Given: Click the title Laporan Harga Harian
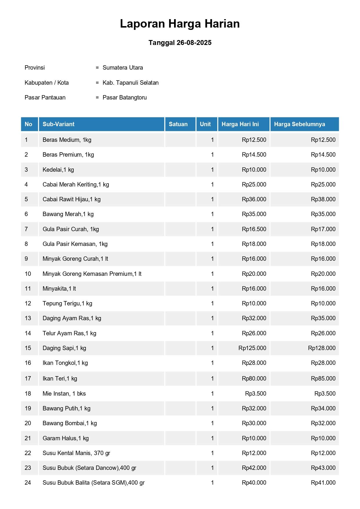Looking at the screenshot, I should [180, 24].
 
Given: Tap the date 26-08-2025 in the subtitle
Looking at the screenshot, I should [194, 43].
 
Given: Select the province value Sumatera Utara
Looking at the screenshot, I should [123, 68].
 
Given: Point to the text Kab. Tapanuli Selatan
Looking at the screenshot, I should [131, 83].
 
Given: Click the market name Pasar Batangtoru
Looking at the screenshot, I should [125, 97].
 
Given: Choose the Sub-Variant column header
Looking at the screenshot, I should [59, 124].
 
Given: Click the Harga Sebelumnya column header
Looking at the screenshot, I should [299, 124].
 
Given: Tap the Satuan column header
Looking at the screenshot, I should [178, 124].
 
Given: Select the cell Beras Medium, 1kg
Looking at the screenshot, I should [67, 140].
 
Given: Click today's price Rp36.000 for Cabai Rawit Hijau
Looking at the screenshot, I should [254, 199].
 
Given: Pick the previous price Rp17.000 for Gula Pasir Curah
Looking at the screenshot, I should [323, 229].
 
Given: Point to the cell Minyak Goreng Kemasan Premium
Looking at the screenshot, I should [92, 274].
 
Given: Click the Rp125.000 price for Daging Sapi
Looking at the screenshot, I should [252, 348].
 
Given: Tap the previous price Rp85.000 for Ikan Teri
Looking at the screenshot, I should [323, 378].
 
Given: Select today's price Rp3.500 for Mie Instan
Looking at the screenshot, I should [256, 394].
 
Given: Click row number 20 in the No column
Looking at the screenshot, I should [28, 423].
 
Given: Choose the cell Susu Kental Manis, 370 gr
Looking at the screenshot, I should [76, 453].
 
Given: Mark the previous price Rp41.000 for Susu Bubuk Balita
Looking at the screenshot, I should [323, 483].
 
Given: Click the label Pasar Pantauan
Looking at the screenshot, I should [45, 97].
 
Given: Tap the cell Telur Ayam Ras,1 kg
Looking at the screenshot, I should [69, 333].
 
